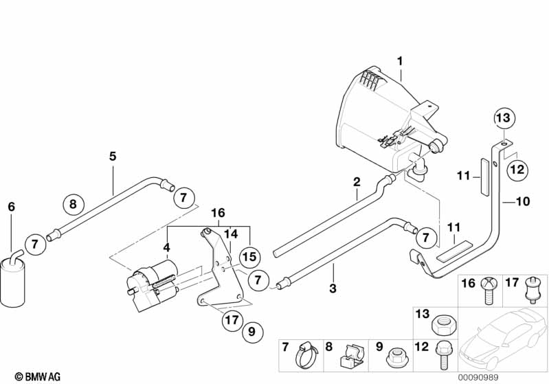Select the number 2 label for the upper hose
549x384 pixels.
[x=357, y=182]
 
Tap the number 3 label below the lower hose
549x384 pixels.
[x=333, y=289]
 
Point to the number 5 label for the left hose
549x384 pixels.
[x=113, y=156]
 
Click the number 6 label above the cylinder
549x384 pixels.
[x=10, y=207]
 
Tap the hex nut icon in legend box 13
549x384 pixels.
[x=440, y=322]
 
